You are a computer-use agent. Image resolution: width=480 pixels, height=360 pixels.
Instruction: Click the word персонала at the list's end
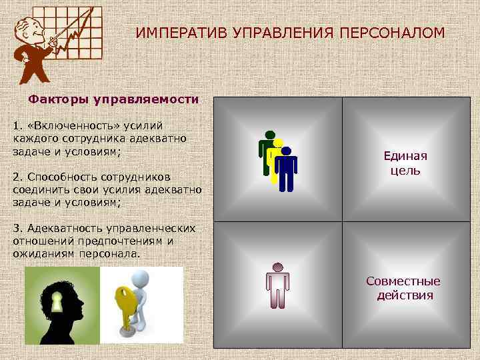[x=112, y=254]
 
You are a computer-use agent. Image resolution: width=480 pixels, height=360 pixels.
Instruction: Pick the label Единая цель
[x=405, y=163]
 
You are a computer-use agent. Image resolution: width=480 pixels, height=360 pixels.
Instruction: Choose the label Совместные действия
[x=404, y=288]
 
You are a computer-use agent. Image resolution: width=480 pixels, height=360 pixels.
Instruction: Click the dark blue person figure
[x=286, y=169]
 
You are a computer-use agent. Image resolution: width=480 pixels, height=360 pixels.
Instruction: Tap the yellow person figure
[x=275, y=157]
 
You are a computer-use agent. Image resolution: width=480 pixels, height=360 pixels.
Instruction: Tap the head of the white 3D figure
[x=139, y=278]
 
